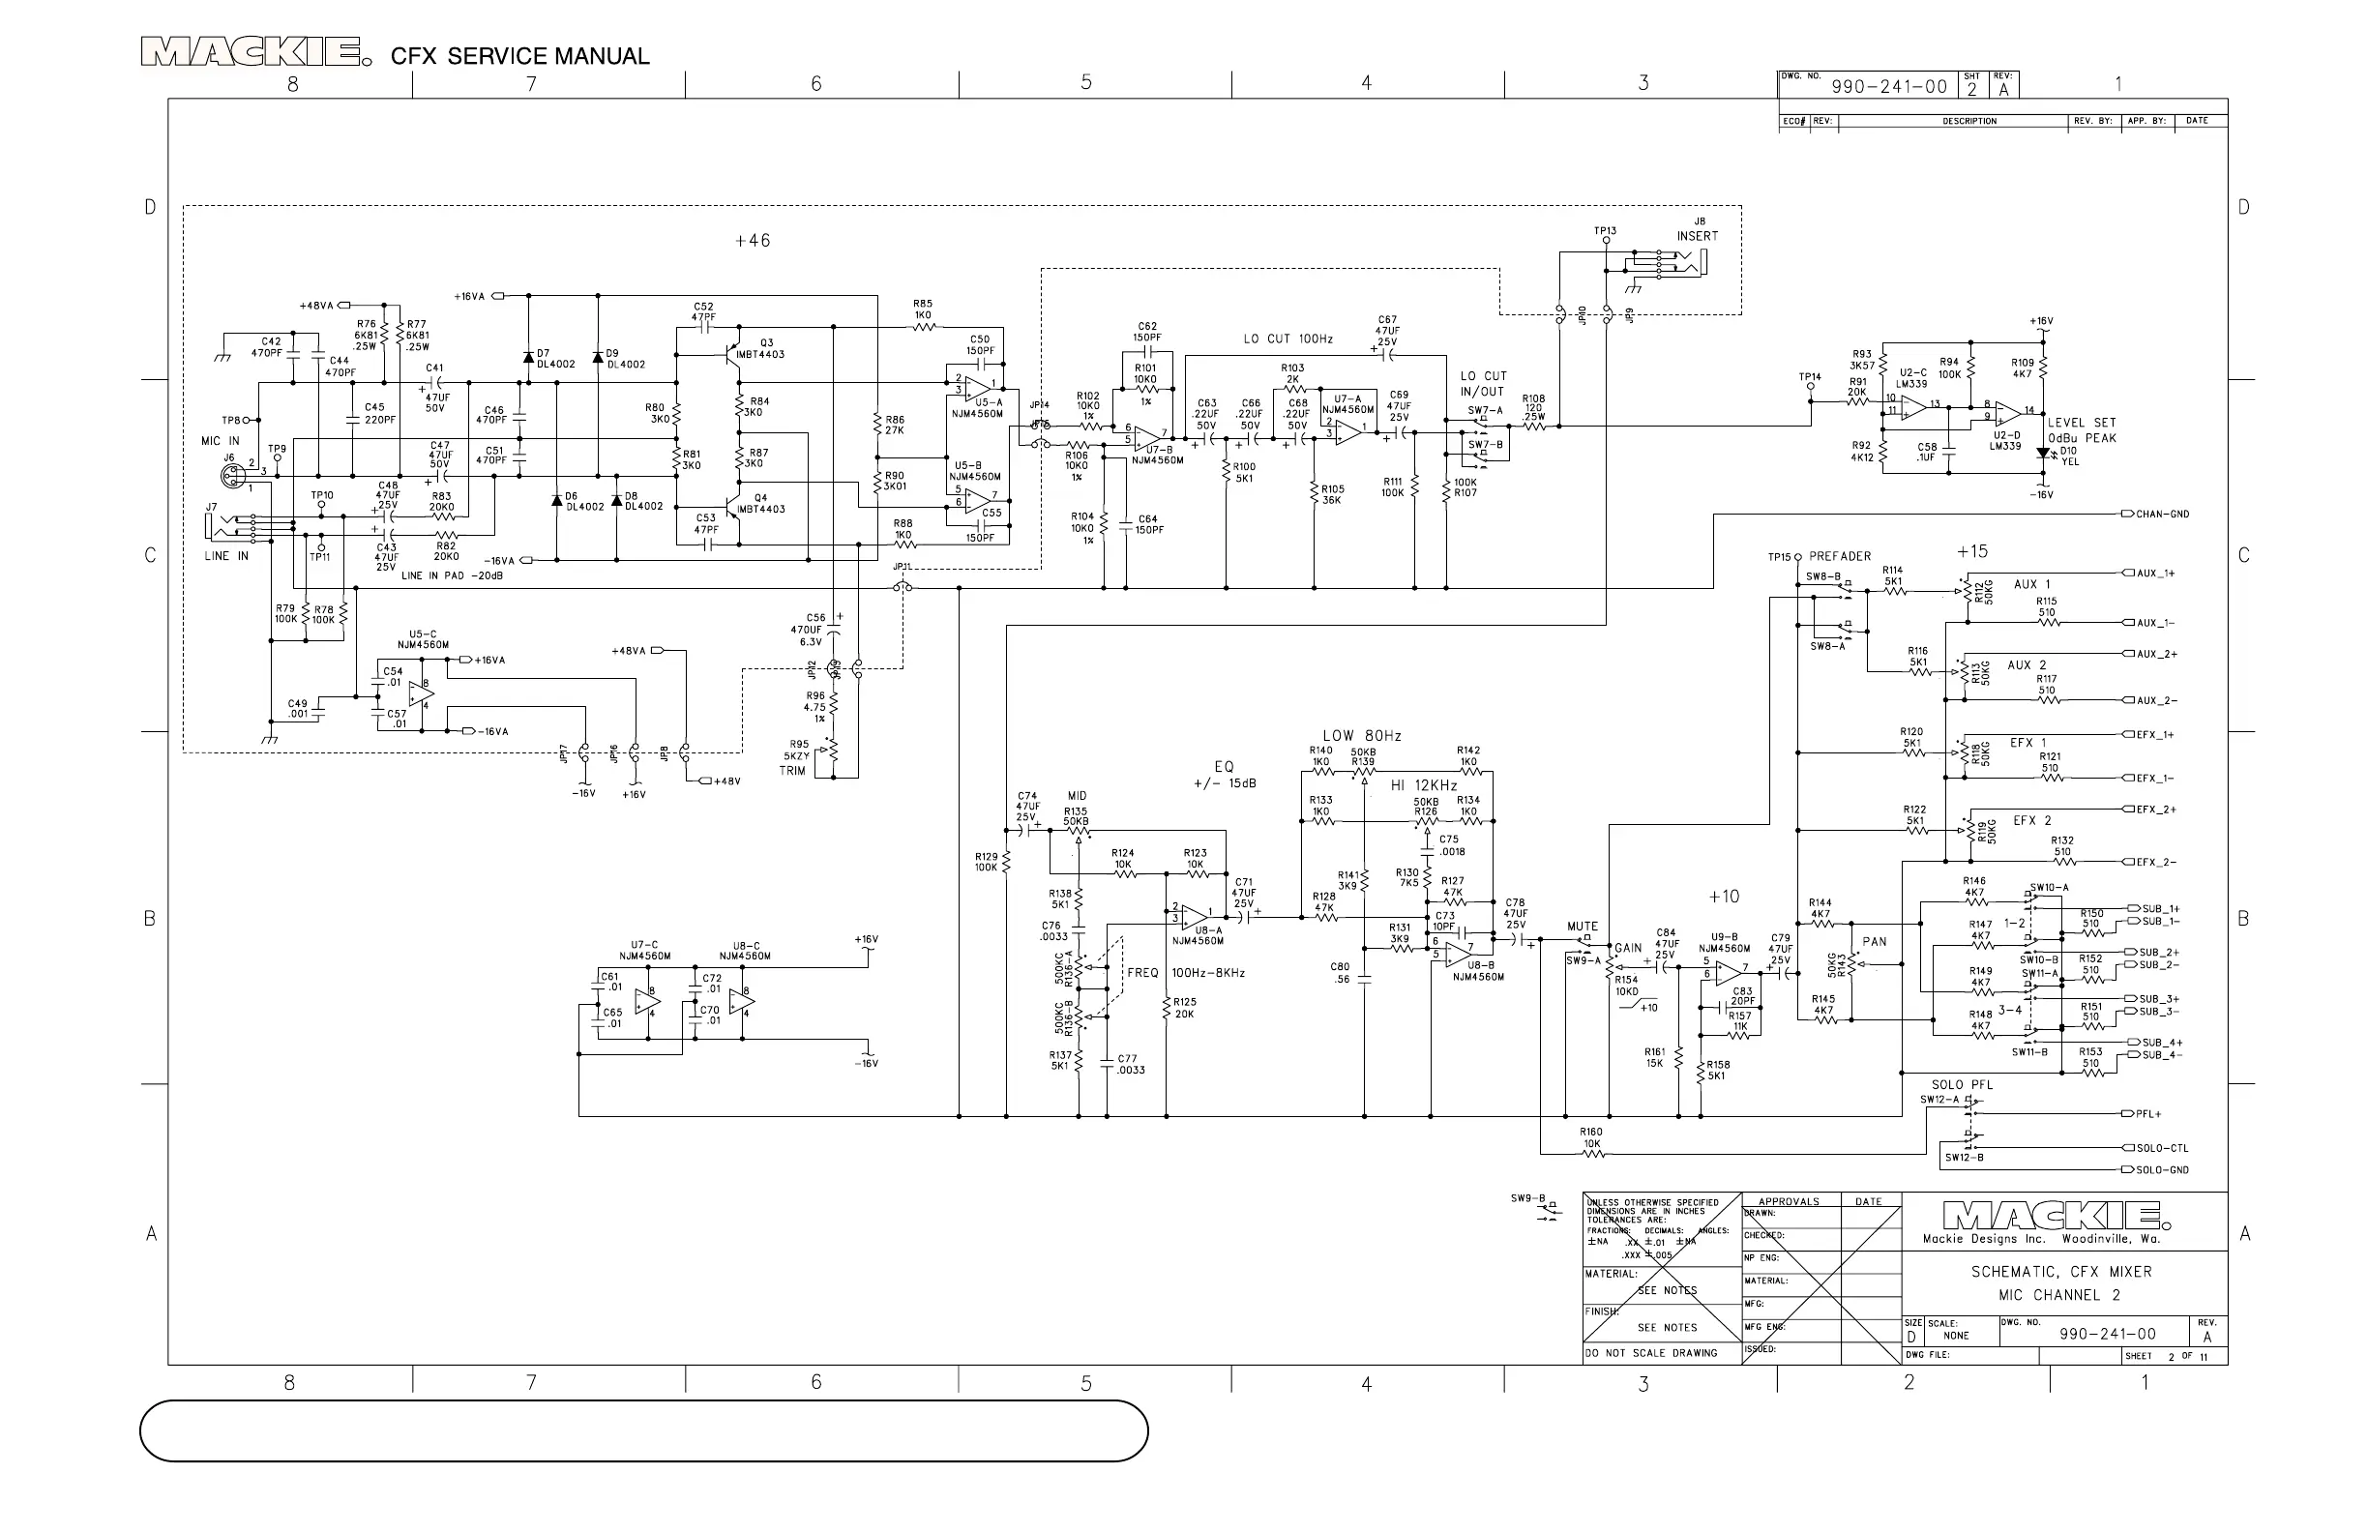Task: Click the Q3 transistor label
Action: pos(766,343)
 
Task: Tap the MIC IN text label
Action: pos(220,441)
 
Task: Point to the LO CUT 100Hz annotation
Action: pos(1288,339)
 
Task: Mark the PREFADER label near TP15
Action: pos(1840,556)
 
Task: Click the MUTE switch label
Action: pos(1582,927)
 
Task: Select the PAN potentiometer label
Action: pos(1875,941)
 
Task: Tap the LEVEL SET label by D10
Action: pos(2082,423)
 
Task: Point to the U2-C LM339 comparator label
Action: pos(1911,378)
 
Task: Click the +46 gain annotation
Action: pos(753,241)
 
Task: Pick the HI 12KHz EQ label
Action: pos(1424,786)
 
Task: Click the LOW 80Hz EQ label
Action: pos(1361,736)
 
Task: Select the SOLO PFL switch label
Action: pos(1962,1084)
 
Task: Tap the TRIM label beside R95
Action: pos(792,771)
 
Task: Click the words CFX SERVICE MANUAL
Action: pos(519,57)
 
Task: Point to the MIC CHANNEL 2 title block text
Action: pos(2059,1295)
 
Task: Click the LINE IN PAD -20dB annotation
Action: pos(452,576)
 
